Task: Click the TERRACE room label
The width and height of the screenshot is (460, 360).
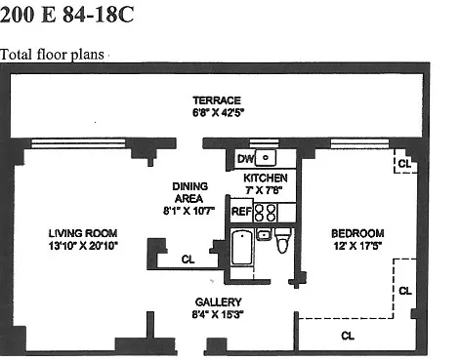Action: pyautogui.click(x=217, y=100)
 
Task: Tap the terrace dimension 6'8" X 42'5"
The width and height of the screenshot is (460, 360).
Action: pyautogui.click(x=218, y=112)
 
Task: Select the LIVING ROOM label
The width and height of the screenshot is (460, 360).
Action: pyautogui.click(x=83, y=233)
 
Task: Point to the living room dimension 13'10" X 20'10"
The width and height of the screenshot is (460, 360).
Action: pyautogui.click(x=83, y=246)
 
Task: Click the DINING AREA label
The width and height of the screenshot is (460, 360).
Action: pyautogui.click(x=189, y=192)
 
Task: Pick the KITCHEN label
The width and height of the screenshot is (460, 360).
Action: pyautogui.click(x=266, y=178)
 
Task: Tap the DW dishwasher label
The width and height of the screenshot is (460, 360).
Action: pyautogui.click(x=245, y=159)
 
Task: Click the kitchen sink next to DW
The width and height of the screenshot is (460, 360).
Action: pyautogui.click(x=266, y=158)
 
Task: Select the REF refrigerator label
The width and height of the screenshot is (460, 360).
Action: pyautogui.click(x=241, y=212)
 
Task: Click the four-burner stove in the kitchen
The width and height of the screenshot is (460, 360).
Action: pyautogui.click(x=265, y=213)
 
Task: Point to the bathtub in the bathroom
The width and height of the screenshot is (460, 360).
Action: pyautogui.click(x=242, y=247)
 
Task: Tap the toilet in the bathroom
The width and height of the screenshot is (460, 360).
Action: pyautogui.click(x=282, y=240)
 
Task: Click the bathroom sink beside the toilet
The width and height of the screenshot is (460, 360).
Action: pyautogui.click(x=264, y=234)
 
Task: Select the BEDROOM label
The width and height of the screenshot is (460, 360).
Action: pyautogui.click(x=357, y=233)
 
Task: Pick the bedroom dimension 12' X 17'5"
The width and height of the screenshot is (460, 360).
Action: pyautogui.click(x=357, y=246)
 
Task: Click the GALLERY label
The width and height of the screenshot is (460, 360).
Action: pyautogui.click(x=218, y=302)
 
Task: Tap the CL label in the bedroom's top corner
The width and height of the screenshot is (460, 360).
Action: pyautogui.click(x=404, y=163)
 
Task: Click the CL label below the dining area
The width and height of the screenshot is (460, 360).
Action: pyautogui.click(x=188, y=260)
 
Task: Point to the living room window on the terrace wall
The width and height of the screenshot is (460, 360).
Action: pyautogui.click(x=78, y=143)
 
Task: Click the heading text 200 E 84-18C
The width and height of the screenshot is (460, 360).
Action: pyautogui.click(x=66, y=15)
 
